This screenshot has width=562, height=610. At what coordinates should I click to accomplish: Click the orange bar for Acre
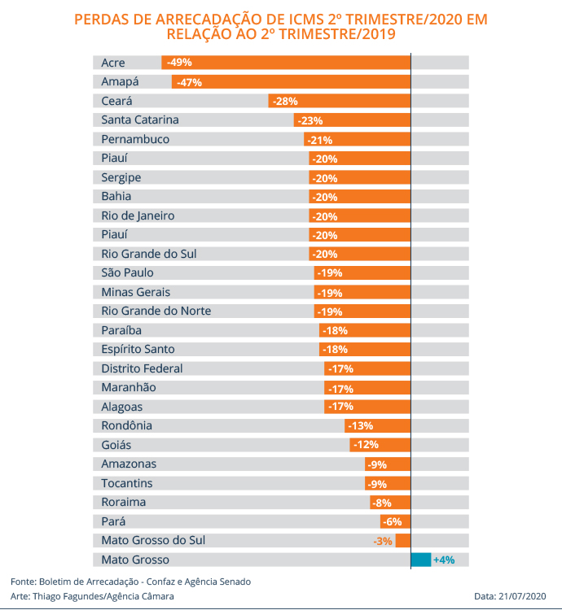coord(286,63)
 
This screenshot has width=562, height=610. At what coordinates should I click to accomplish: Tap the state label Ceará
coord(117,101)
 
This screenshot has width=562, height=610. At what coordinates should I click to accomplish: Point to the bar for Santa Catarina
coord(352,120)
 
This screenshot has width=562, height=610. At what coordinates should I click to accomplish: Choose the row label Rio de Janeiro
coord(138,216)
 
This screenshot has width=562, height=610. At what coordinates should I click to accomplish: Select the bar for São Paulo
coord(362,273)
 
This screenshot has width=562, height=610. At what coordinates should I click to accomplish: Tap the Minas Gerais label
coord(136,292)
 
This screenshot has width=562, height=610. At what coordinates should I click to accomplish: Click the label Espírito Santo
coord(137,349)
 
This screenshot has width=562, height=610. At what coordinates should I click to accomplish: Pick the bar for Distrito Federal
coord(367,368)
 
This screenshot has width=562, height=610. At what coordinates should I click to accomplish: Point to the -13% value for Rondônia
coord(360,426)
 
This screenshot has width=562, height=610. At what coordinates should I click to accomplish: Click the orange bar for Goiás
coord(380,445)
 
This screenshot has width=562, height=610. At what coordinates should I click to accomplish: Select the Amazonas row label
coord(129,464)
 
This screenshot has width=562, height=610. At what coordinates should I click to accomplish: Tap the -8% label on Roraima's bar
coord(381,503)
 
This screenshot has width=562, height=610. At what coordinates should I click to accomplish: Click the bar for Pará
coord(395,521)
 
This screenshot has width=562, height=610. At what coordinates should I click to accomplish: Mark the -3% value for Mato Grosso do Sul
coord(383,541)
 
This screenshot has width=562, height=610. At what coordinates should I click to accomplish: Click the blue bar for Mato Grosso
coord(420,560)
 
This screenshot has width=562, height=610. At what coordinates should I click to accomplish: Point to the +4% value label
coord(443,560)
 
